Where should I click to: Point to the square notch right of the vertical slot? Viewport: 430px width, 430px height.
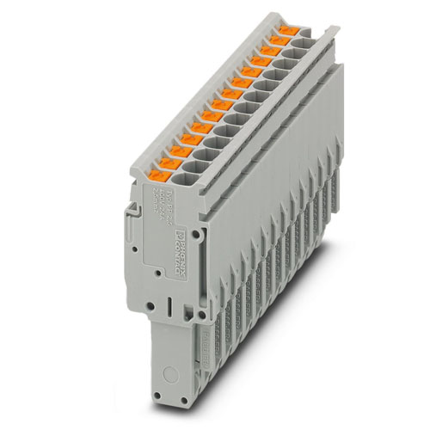[185, 310]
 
